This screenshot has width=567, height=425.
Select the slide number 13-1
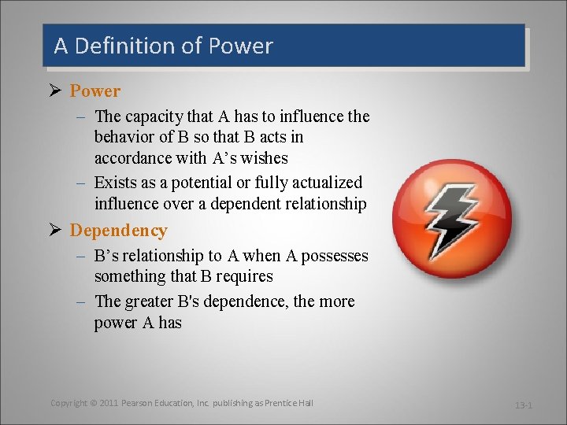click(x=524, y=405)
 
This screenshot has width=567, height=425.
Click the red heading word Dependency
click(x=118, y=231)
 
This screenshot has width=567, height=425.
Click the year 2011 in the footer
click(x=109, y=403)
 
